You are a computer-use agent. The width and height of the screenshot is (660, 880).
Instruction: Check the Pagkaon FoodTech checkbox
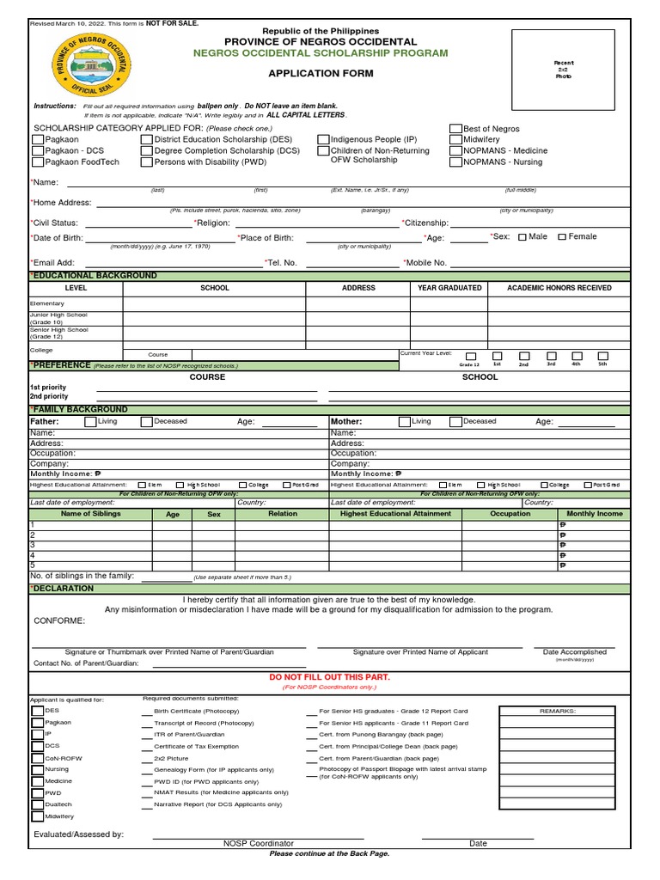[38, 162]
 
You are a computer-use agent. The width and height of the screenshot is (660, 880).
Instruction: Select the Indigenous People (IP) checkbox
[323, 139]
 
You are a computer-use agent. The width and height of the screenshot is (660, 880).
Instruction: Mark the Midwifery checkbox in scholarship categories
[455, 139]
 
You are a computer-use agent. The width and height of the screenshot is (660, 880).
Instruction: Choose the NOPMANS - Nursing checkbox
[455, 162]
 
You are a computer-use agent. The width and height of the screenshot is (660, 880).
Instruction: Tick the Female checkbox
[562, 237]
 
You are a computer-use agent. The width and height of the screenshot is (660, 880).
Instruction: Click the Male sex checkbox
[522, 237]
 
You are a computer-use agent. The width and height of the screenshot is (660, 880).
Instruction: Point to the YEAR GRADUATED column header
[449, 288]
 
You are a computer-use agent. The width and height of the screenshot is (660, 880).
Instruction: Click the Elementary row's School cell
[214, 303]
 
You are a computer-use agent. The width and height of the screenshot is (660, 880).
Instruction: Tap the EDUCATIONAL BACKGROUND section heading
[95, 276]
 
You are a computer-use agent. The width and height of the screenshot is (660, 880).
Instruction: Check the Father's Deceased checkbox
[147, 422]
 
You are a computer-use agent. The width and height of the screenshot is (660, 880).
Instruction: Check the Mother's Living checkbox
[404, 422]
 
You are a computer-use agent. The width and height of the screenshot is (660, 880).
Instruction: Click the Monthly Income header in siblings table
[594, 514]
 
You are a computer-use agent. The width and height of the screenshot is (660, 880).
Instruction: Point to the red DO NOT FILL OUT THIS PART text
[330, 677]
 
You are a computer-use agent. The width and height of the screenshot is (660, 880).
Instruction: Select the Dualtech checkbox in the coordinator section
[37, 804]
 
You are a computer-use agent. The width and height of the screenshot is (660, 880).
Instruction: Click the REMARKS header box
[558, 712]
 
